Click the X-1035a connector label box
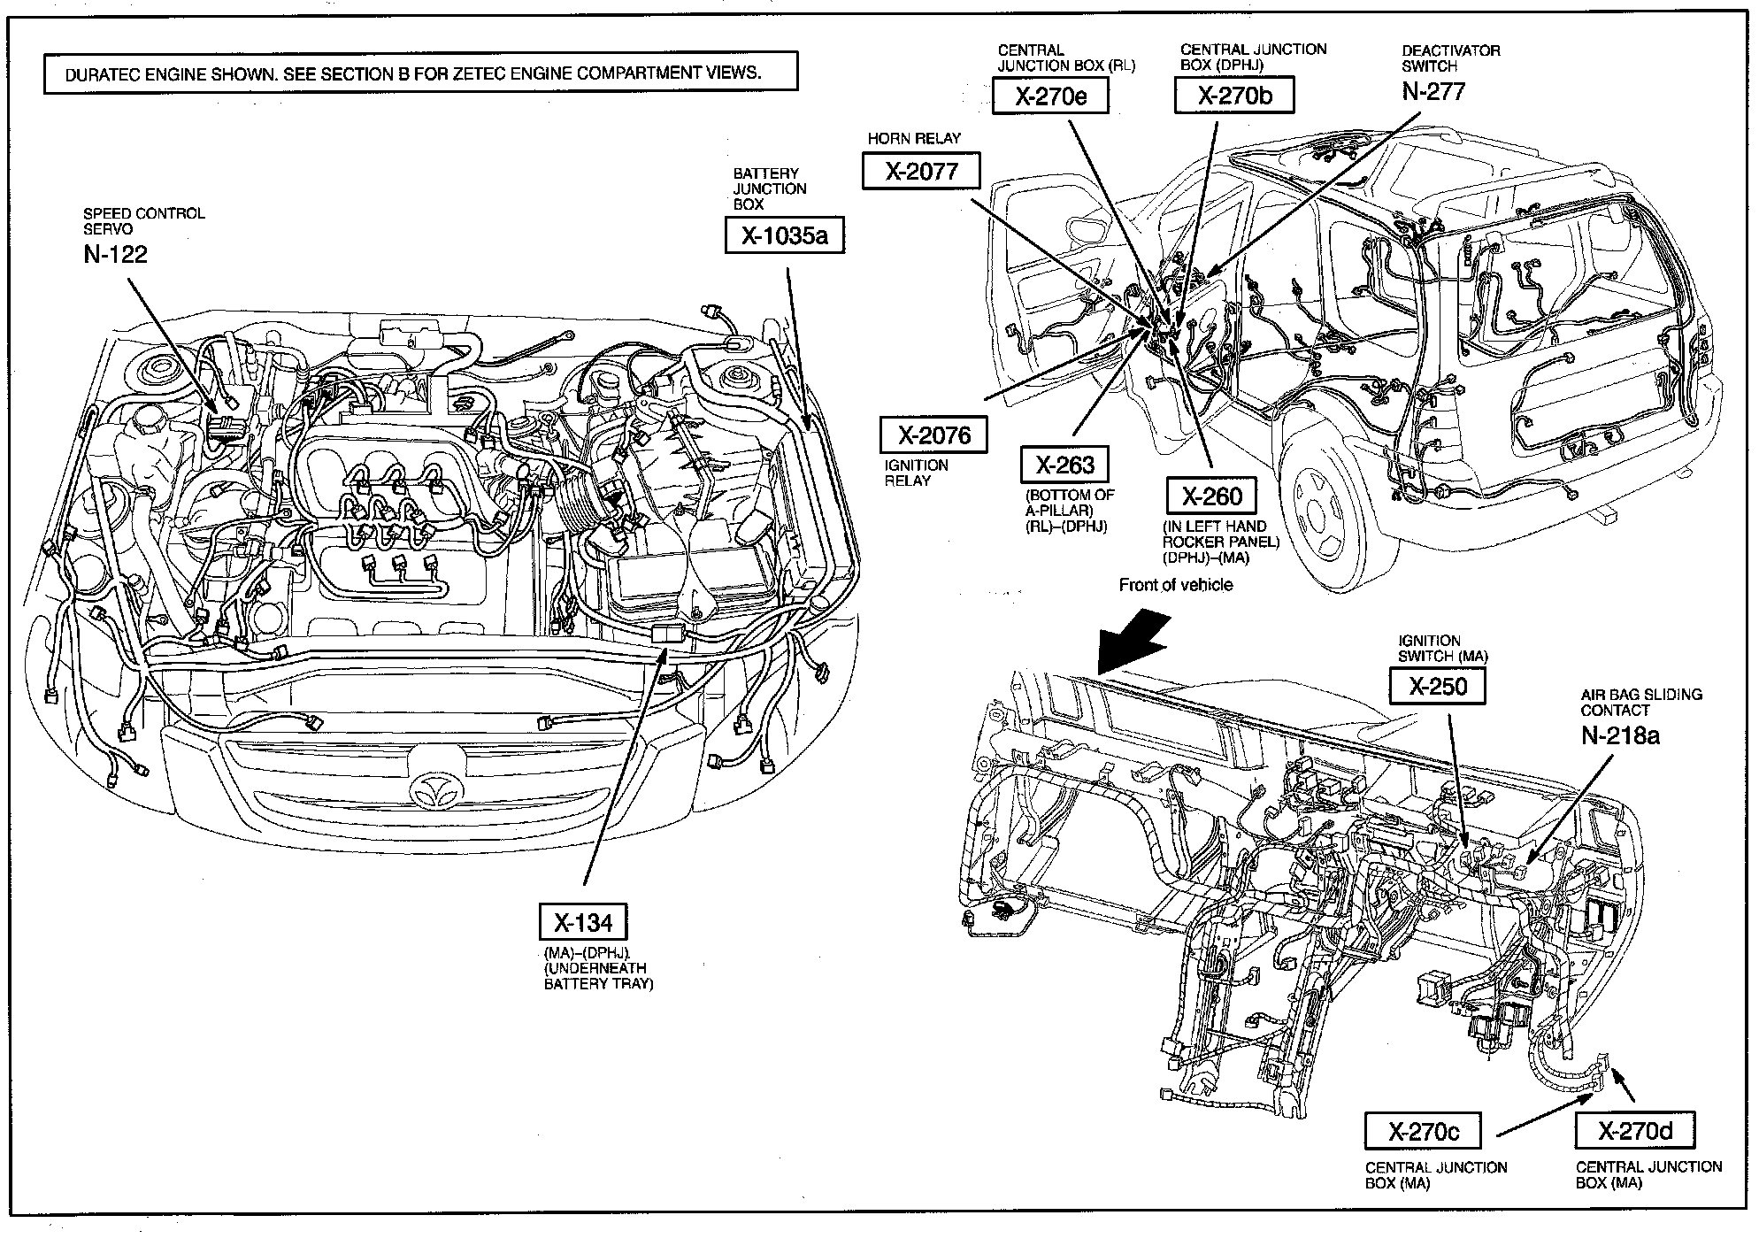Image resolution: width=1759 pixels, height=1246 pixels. point(783,235)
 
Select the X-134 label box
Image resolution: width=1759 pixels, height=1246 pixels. point(583,923)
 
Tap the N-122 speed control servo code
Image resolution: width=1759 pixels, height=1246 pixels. point(115,254)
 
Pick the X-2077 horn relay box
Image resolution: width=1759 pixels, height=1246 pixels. point(921,171)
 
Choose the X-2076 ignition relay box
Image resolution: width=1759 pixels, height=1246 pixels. point(934,435)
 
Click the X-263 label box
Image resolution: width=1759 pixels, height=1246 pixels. point(1065,465)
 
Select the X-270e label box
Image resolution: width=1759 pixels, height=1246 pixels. point(1050,96)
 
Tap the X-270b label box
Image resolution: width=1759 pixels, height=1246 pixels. point(1234,96)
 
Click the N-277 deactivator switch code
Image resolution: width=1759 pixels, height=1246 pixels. point(1433,91)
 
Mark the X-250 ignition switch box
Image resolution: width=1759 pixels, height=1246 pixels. point(1438,686)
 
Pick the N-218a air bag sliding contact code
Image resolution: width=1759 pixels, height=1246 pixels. point(1620,735)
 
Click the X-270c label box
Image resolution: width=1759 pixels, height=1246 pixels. point(1423,1132)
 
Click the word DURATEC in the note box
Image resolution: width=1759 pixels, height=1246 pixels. point(106,74)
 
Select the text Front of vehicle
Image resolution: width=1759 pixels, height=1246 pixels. point(1175,585)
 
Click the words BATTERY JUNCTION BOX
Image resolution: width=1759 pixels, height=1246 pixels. point(770,188)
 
